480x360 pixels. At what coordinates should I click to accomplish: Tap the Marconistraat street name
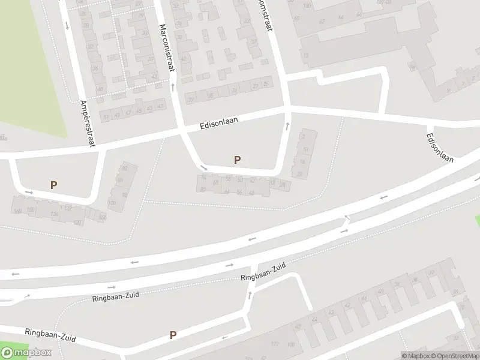(x=167, y=48)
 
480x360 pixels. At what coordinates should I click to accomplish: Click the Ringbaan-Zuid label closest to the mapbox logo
(x=50, y=335)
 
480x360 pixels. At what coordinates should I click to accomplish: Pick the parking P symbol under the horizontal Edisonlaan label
(x=238, y=160)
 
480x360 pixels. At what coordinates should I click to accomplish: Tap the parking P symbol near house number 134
(x=53, y=185)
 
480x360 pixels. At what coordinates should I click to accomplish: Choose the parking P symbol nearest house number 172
(x=173, y=335)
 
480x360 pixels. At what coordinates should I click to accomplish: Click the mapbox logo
(x=26, y=352)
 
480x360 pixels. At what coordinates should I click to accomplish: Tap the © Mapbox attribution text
(x=416, y=356)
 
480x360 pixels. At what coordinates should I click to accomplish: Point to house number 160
(x=17, y=211)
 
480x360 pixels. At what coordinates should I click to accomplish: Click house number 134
(x=55, y=214)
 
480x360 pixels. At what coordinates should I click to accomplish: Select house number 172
(x=275, y=344)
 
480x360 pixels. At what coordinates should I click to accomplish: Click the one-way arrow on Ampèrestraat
(x=67, y=25)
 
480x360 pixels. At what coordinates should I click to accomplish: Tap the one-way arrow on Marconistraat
(x=173, y=87)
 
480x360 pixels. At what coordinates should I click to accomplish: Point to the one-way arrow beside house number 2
(x=287, y=126)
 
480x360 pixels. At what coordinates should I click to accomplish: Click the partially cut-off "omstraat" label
(x=264, y=18)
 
